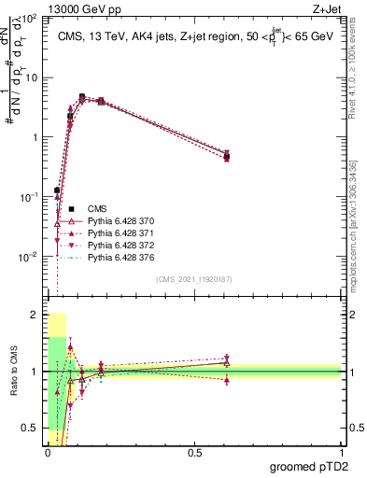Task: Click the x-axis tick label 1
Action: click(341, 454)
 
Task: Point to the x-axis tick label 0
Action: click(47, 454)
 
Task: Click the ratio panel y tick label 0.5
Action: click(31, 429)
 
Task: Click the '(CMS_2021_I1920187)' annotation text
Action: click(193, 279)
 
